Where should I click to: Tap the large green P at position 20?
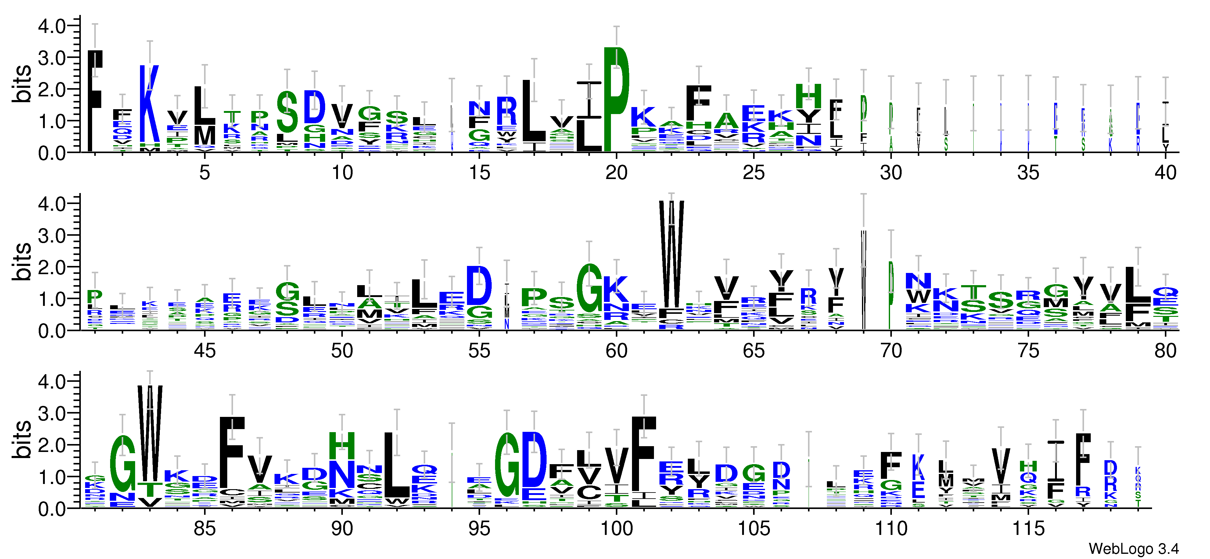coord(616,99)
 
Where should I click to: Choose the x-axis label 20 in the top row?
coord(616,173)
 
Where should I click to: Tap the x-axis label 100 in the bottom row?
coord(616,529)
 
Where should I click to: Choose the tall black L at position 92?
coord(397,465)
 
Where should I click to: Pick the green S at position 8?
coord(287,112)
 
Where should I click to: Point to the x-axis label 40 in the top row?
coord(1165,173)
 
